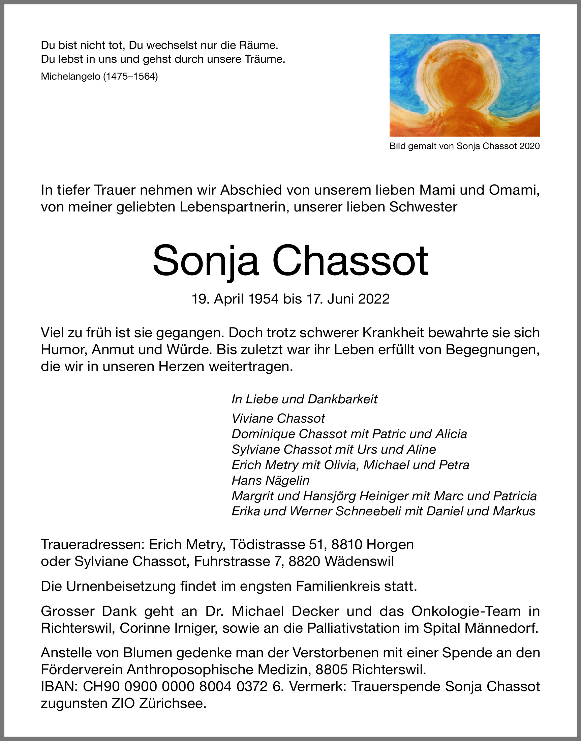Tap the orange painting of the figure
465,85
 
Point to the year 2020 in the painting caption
530,146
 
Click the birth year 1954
263,299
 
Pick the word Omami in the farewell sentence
514,190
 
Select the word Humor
63,349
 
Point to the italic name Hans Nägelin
270,480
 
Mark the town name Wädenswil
359,561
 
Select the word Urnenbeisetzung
121,586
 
